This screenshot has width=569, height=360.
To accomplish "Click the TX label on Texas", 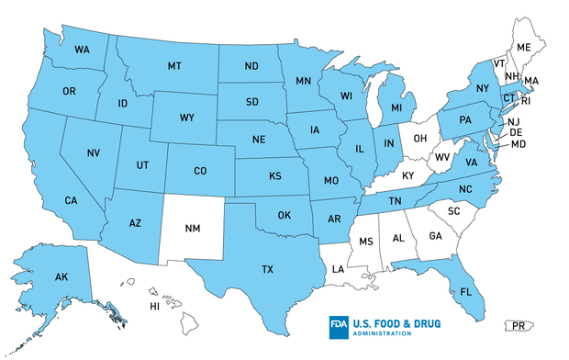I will [x=267, y=269].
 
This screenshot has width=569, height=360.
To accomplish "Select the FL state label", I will [x=466, y=293].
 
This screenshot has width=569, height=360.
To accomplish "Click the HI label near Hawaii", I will [x=155, y=307].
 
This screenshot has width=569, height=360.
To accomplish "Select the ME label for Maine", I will [x=524, y=47].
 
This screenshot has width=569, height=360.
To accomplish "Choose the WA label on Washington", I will [x=82, y=49].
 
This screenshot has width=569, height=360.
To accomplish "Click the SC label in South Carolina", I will [x=452, y=210].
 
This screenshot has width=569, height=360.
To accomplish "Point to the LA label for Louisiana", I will [x=339, y=269].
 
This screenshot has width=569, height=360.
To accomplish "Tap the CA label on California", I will [x=70, y=200].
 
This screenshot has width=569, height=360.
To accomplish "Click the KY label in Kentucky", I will [x=407, y=175].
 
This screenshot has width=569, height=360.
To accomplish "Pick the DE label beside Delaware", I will [x=516, y=132].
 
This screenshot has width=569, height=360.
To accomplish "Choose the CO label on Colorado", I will [x=200, y=170].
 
